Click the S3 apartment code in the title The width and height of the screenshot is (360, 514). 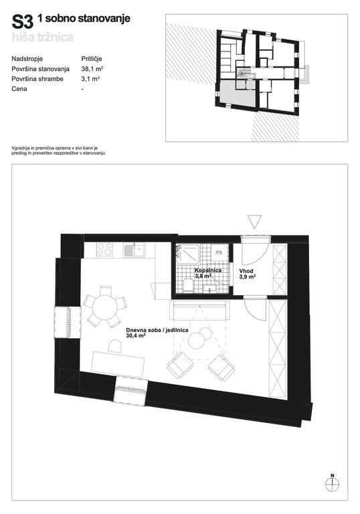tap(23, 22)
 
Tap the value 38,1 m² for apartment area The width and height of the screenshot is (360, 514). tap(92, 69)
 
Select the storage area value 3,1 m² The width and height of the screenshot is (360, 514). tap(90, 79)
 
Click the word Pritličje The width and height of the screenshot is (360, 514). tap(92, 59)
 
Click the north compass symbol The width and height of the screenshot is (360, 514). tap(332, 484)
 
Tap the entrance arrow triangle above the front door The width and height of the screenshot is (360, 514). tap(254, 222)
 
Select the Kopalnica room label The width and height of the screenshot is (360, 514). tap(208, 270)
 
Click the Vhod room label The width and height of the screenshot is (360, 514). tap(246, 271)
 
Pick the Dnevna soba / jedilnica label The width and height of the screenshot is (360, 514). tap(157, 330)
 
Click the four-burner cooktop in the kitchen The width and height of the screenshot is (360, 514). tap(105, 250)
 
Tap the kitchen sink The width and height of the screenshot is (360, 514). tap(134, 250)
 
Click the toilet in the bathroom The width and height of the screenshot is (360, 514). tap(188, 285)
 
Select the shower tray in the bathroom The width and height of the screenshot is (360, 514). tap(187, 254)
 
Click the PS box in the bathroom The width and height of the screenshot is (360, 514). tap(219, 252)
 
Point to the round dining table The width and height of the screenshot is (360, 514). tap(105, 307)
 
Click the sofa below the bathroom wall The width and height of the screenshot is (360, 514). tap(199, 311)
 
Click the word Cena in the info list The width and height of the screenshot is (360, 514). tap(19, 89)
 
